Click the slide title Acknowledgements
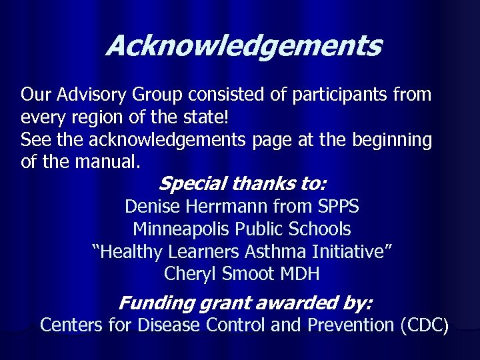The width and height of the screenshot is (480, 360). [243, 47]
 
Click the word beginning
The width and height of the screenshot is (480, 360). [390, 140]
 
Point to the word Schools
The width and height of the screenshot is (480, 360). [319, 229]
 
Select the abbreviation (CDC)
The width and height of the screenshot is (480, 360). [424, 327]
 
